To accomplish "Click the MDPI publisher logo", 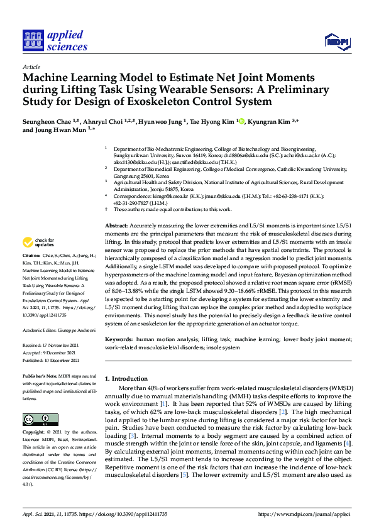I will (337, 42).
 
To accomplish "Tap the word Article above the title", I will (31, 67).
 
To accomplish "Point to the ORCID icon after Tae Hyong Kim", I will (241, 120).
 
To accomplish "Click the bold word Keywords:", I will (119, 339).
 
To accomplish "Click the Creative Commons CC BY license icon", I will (36, 419).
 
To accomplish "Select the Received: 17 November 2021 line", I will (51, 345).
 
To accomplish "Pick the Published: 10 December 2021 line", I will (51, 361).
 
